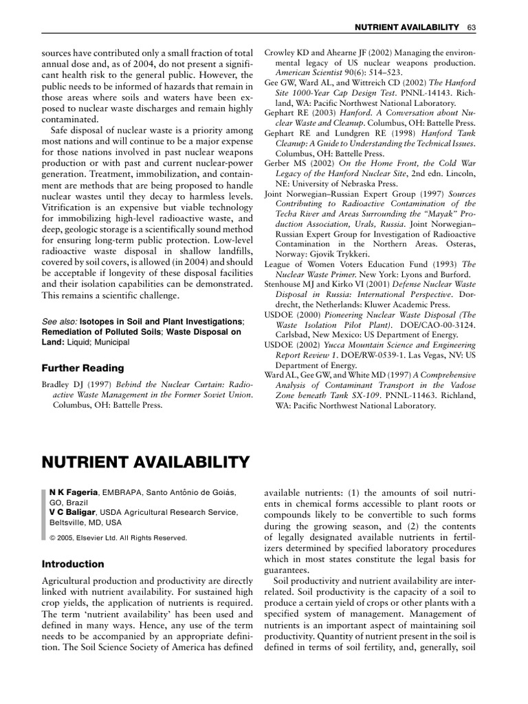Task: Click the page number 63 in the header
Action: click(x=471, y=27)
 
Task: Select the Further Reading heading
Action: click(x=83, y=368)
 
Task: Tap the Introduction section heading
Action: click(x=73, y=564)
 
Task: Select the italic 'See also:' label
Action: click(x=60, y=322)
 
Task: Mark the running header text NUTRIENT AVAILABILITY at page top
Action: click(x=406, y=27)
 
